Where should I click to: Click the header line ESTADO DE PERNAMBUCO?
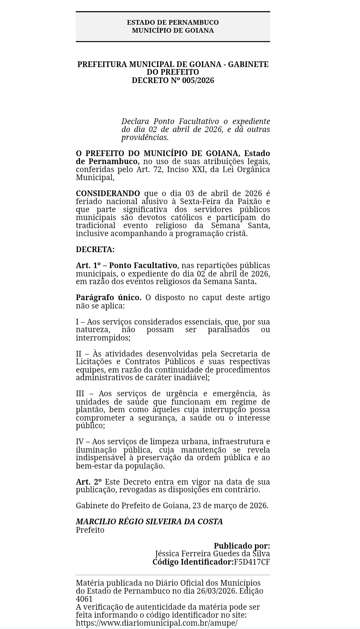[173, 22]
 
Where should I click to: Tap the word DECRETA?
[95, 249]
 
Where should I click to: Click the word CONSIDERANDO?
[108, 193]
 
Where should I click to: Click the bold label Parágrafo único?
[108, 297]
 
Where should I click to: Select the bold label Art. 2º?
[89, 482]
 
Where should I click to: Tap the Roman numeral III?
[80, 394]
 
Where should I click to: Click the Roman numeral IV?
[79, 442]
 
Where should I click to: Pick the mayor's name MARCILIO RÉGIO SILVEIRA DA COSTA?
[149, 522]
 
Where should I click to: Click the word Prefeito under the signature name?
[90, 530]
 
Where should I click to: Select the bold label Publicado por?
[242, 546]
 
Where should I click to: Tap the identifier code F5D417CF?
[252, 562]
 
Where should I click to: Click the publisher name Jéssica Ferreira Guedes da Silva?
[212, 554]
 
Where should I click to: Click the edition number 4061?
[84, 599]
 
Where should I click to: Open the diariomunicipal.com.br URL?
[156, 623]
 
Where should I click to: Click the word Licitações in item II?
[94, 362]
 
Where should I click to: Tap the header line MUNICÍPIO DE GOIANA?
[173, 30]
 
